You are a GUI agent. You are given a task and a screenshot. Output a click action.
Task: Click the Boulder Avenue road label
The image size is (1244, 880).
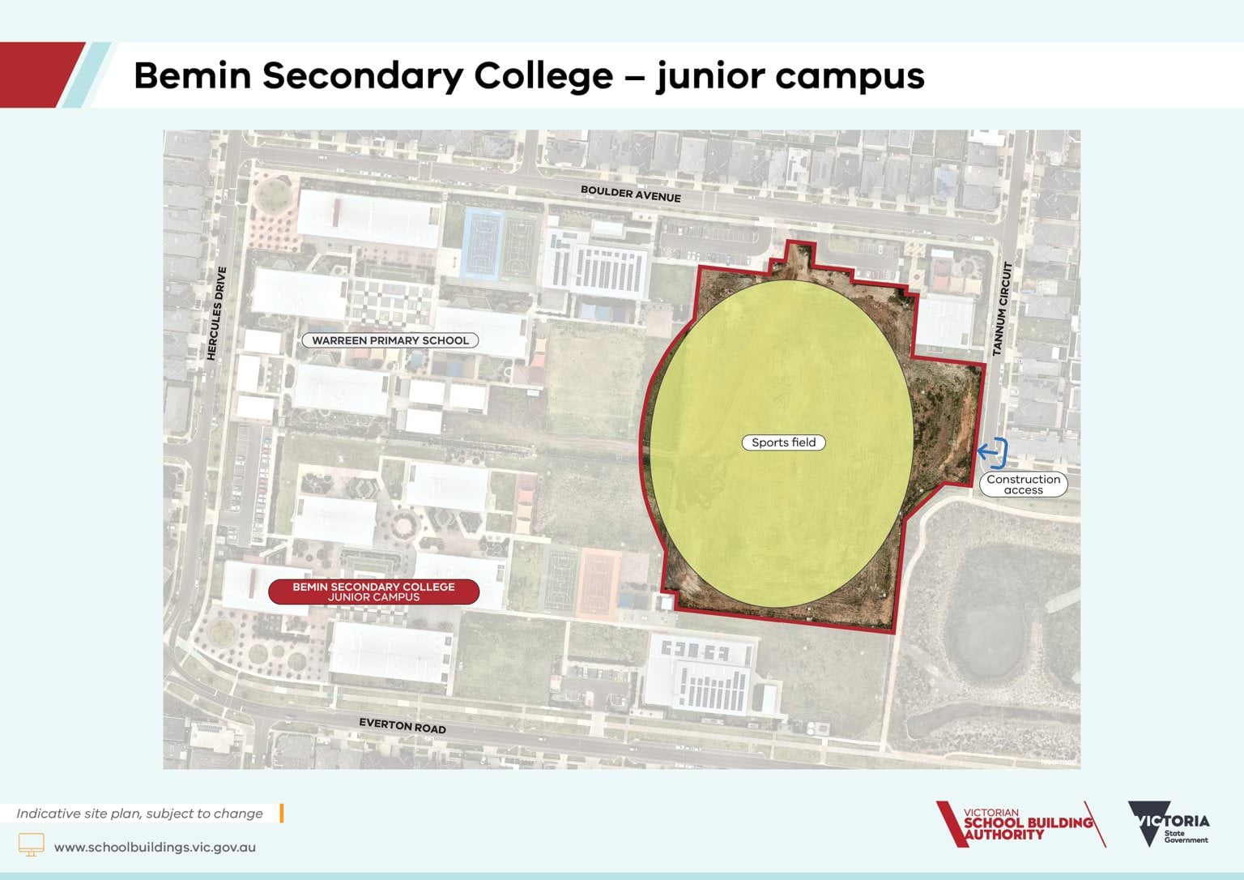630,194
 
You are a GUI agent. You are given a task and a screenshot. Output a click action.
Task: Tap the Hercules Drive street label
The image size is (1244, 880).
216,313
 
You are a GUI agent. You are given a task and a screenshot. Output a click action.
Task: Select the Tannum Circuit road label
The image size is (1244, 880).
1003,309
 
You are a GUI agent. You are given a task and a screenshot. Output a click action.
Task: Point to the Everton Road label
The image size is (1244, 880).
403,725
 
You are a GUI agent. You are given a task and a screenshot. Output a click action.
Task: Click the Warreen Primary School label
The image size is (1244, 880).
390,340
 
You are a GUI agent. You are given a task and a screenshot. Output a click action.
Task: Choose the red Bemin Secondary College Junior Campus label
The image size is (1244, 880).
373,592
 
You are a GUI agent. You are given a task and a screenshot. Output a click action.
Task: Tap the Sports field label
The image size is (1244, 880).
783,442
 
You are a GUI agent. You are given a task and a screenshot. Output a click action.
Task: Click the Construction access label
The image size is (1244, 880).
1023,485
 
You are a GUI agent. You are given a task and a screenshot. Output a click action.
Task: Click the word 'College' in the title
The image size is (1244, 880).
543,75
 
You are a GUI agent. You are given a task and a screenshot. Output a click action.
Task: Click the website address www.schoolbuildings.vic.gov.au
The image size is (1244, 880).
155,848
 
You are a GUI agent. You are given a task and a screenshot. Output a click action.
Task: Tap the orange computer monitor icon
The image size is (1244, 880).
32,844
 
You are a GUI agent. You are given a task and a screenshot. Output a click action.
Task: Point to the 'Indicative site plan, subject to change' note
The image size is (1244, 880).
139,814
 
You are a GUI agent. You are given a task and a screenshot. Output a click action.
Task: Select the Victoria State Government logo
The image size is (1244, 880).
1168,824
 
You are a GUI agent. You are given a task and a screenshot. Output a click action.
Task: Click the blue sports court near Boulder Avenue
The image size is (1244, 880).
481,243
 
